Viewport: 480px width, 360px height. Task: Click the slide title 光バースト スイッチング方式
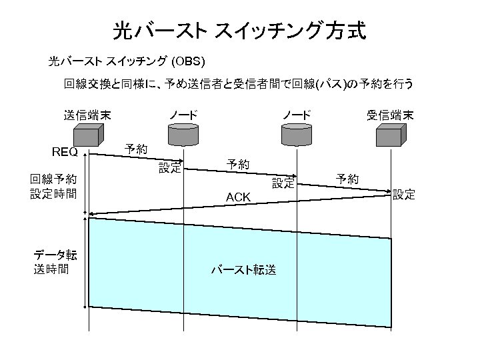click(x=239, y=31)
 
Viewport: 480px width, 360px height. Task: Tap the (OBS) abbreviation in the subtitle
click(x=192, y=62)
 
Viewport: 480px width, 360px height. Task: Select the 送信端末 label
click(x=87, y=115)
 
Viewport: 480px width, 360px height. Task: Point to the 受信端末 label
click(x=390, y=115)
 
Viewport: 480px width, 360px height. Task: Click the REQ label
click(x=65, y=152)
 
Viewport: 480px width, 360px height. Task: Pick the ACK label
click(x=238, y=197)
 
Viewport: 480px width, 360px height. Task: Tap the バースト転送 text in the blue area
click(x=243, y=270)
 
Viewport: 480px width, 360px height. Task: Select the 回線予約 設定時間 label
click(x=53, y=187)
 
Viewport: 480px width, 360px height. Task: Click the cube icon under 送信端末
click(x=87, y=135)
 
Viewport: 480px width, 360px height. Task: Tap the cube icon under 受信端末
click(x=389, y=135)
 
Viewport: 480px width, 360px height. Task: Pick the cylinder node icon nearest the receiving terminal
click(x=296, y=135)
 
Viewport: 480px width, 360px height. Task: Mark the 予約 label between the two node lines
click(x=238, y=163)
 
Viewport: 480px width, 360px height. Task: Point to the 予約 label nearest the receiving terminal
click(x=347, y=179)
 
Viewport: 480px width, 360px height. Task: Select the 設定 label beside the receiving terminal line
click(x=403, y=195)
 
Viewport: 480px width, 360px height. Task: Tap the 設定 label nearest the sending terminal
click(x=169, y=168)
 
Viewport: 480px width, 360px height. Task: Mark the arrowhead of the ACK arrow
click(x=91, y=214)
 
